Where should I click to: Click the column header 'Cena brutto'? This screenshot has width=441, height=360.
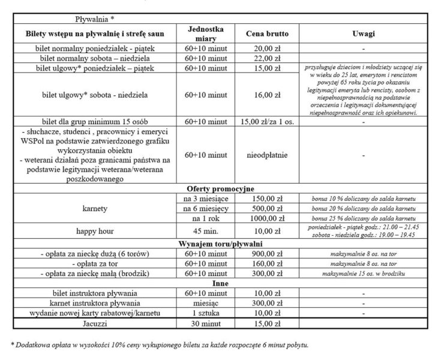(x=264, y=34)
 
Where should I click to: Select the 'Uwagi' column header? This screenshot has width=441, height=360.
(x=364, y=34)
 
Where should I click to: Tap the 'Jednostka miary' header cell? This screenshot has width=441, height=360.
(x=206, y=34)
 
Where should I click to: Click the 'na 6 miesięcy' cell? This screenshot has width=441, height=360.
(x=206, y=208)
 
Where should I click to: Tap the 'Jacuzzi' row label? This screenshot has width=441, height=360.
(x=95, y=324)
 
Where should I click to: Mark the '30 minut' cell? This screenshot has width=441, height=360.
(x=206, y=324)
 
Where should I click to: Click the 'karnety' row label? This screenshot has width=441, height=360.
(x=95, y=208)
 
